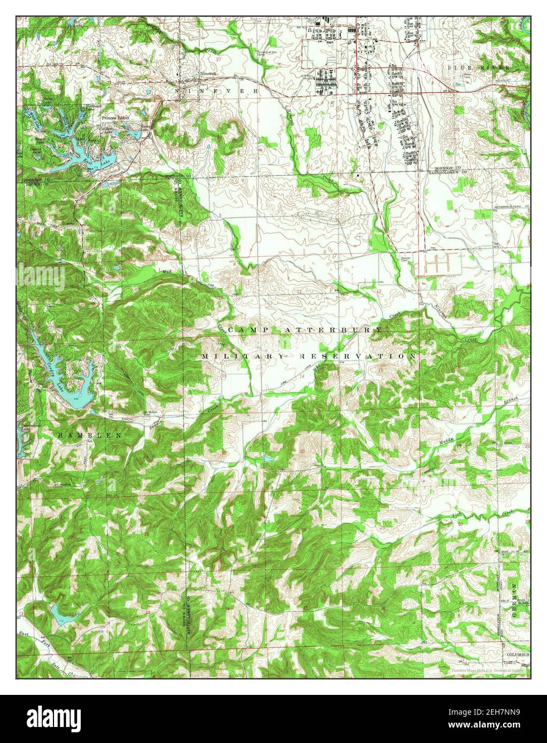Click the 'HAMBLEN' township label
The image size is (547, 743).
90,436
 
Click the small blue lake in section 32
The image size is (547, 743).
59,613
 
